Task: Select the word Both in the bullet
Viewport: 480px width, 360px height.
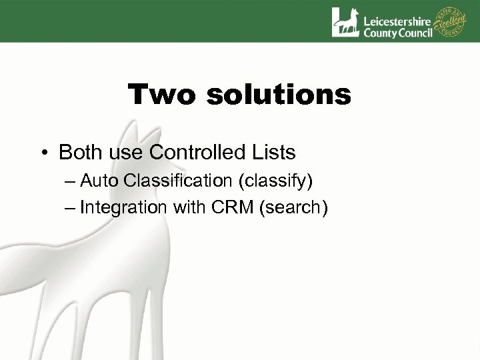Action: pos(80,153)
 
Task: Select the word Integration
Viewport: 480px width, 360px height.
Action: pos(123,207)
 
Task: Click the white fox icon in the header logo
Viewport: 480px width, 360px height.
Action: pos(345,21)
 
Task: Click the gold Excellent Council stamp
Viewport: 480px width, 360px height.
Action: pos(451,21)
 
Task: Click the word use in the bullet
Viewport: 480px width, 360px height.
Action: pos(125,153)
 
